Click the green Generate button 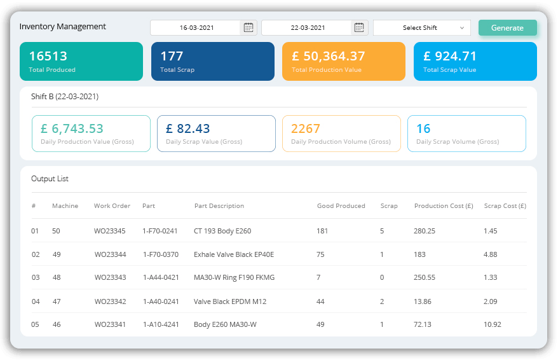pyautogui.click(x=507, y=28)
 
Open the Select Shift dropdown pyautogui.click(x=422, y=28)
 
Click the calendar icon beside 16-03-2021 pyautogui.click(x=248, y=27)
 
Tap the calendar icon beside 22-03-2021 pyautogui.click(x=359, y=27)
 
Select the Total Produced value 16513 pyautogui.click(x=48, y=56)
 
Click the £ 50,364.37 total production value pyautogui.click(x=329, y=56)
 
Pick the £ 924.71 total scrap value pyautogui.click(x=450, y=56)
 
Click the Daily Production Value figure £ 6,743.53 pyautogui.click(x=72, y=128)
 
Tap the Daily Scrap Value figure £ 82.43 pyautogui.click(x=187, y=128)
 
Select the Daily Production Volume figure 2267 pyautogui.click(x=306, y=128)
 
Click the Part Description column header pyautogui.click(x=219, y=206)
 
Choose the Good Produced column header pyautogui.click(x=341, y=206)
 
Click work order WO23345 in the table pyautogui.click(x=110, y=231)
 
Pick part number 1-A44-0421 pyautogui.click(x=160, y=278)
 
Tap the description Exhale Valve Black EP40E pyautogui.click(x=234, y=254)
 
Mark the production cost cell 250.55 pyautogui.click(x=425, y=278)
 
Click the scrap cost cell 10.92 pyautogui.click(x=493, y=324)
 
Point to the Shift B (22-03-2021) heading pyautogui.click(x=65, y=97)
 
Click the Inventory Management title pyautogui.click(x=63, y=27)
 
